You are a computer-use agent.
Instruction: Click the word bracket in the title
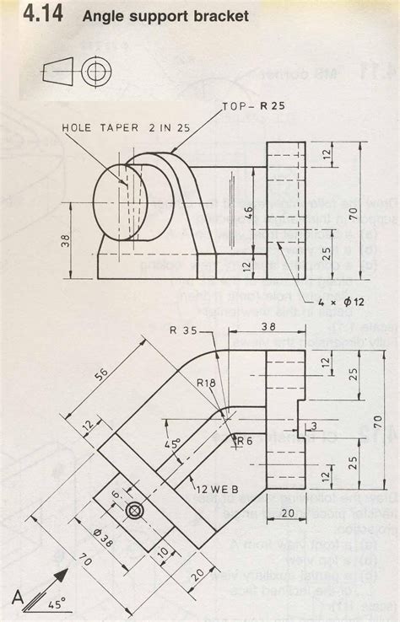pyautogui.click(x=215, y=16)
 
